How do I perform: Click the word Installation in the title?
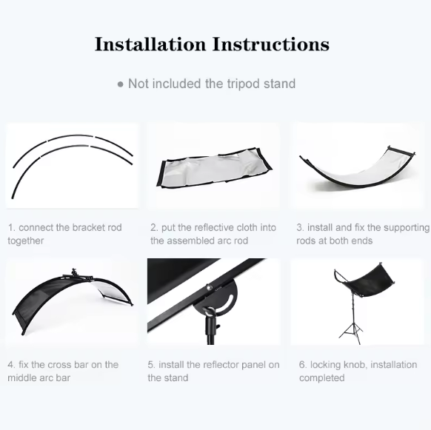pyautogui.click(x=150, y=44)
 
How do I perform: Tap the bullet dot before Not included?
pyautogui.click(x=121, y=84)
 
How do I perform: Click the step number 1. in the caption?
pyautogui.click(x=12, y=228)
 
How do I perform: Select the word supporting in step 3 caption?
pyautogui.click(x=403, y=228)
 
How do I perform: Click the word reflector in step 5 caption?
pyautogui.click(x=224, y=365)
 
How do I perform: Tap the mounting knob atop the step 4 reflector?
pyautogui.click(x=73, y=272)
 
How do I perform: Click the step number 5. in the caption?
pyautogui.click(x=151, y=365)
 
